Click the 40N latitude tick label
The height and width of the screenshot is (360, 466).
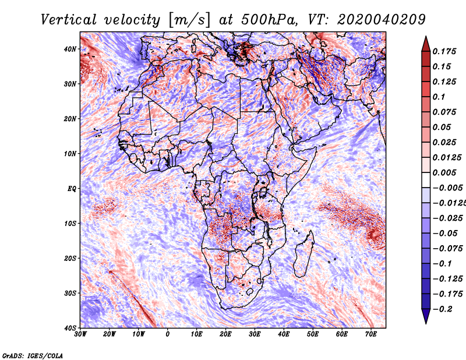[70, 49]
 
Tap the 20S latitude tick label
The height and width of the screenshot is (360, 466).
[70, 258]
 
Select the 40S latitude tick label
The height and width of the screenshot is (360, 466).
[70, 328]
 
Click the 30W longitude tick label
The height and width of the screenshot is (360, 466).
[80, 334]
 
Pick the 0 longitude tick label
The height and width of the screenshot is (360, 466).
[168, 334]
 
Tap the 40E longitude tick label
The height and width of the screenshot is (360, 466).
[284, 334]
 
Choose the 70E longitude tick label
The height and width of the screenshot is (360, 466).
[371, 334]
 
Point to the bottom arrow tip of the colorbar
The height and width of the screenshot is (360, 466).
[426, 321]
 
